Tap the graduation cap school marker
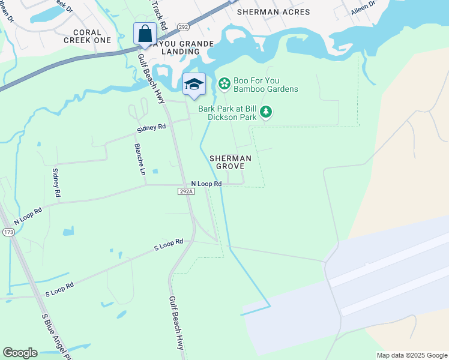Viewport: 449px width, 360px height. [194, 84]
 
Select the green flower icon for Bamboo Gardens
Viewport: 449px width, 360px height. [224, 83]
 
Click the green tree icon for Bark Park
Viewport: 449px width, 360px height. [266, 112]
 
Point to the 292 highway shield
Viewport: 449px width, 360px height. [183, 27]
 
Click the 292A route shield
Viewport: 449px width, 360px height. [186, 191]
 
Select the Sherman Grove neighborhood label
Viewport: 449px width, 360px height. [230, 161]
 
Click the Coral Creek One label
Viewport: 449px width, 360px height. [92, 36]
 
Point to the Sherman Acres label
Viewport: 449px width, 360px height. [273, 12]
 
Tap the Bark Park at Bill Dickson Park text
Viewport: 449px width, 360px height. [228, 113]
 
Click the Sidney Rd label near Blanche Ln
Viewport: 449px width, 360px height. [151, 127]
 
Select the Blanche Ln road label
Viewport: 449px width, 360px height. [140, 158]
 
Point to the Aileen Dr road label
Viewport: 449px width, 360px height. [363, 7]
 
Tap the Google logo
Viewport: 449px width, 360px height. [20, 353]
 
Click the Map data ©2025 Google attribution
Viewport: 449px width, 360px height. [411, 355]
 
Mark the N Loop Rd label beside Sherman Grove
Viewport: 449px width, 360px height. [206, 184]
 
